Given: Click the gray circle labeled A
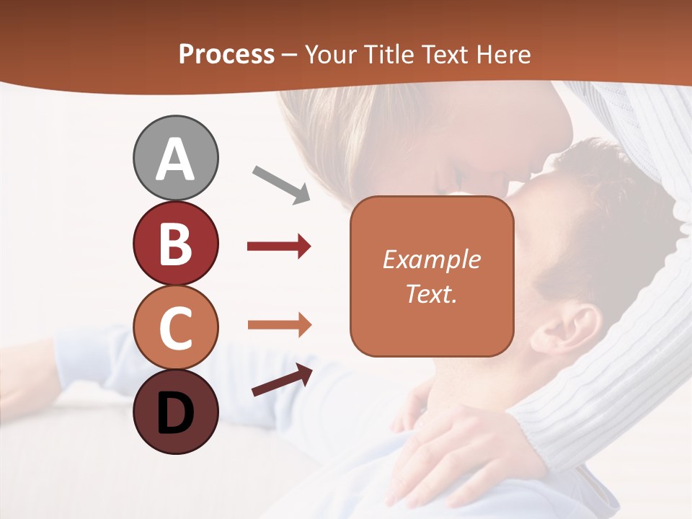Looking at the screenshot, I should (x=176, y=158).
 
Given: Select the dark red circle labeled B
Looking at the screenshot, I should (x=176, y=243).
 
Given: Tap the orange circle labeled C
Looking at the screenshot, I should (x=176, y=328).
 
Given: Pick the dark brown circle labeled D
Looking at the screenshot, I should (x=176, y=412).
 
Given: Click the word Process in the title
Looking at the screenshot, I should (x=226, y=54).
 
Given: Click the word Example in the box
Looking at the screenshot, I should (x=431, y=259).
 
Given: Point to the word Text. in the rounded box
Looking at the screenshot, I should (x=431, y=293).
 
